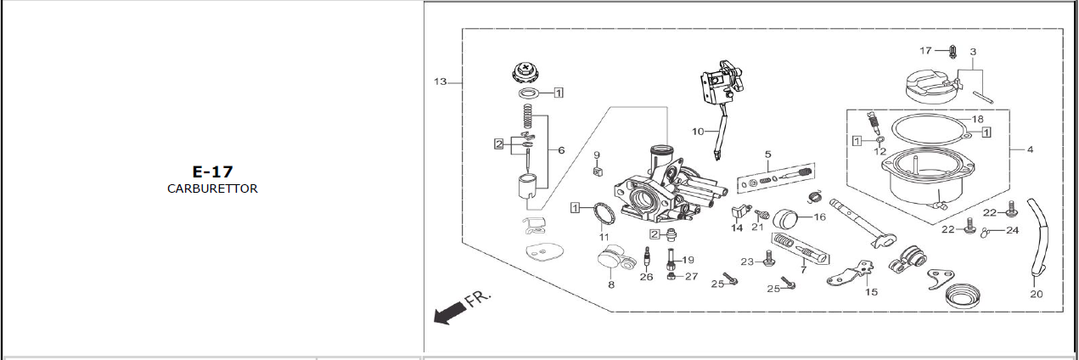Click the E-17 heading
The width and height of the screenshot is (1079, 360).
click(212, 172)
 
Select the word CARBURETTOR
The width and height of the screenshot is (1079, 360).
click(212, 188)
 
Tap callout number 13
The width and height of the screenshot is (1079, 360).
click(441, 82)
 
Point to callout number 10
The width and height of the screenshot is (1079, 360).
click(698, 131)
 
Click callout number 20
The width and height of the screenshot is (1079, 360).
click(1037, 294)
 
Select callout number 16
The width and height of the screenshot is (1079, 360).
click(820, 217)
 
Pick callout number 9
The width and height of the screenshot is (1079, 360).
click(597, 155)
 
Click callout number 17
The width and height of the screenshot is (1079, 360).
click(925, 51)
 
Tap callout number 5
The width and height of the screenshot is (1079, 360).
click(767, 155)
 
